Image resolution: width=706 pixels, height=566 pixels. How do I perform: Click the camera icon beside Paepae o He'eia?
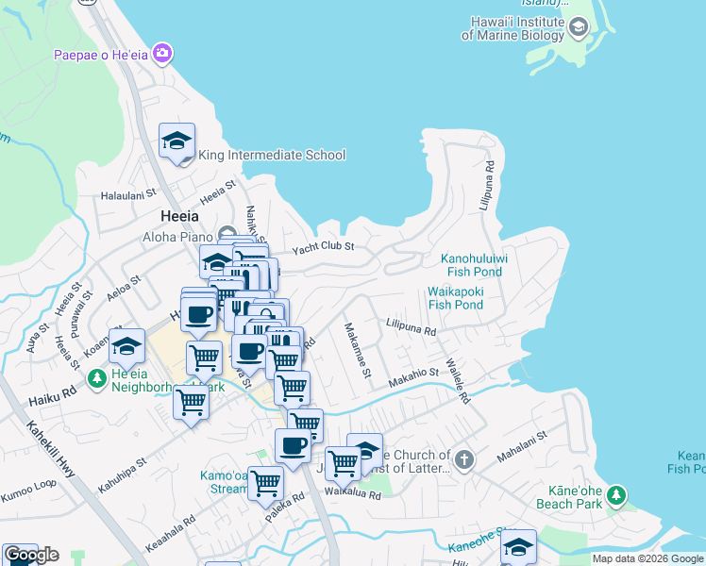coord(162,53)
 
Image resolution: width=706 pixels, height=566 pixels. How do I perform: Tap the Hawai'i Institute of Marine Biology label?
coord(513,28)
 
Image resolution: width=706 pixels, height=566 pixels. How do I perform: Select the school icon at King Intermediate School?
coord(176,141)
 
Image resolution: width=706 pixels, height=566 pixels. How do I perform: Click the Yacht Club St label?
coord(322,247)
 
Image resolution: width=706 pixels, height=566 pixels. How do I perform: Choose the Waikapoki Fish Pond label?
coord(455,298)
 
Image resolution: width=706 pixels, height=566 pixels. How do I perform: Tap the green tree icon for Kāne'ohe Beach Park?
coord(615,494)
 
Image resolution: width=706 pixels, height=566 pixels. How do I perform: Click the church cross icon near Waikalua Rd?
coord(462,460)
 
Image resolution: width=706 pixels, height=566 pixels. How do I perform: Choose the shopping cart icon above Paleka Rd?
coord(265,482)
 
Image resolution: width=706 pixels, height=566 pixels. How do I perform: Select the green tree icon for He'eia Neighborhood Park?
coord(96,378)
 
